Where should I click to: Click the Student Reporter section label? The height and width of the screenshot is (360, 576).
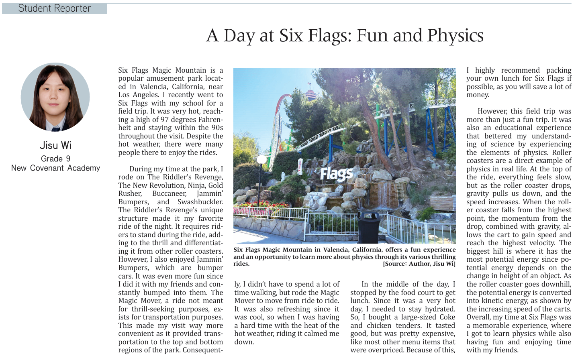tap(55, 8)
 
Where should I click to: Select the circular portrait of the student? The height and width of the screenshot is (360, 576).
tap(55, 97)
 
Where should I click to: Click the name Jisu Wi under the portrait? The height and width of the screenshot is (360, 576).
tap(55, 145)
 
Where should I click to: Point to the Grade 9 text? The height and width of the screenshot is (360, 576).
tap(55, 159)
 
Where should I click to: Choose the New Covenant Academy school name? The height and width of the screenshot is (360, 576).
tap(55, 168)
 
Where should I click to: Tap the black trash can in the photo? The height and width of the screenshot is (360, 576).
tap(368, 227)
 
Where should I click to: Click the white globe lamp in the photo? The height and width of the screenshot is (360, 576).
tap(261, 160)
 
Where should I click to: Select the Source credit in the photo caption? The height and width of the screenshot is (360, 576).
tap(419, 264)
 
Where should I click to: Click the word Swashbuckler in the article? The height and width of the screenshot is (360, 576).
tap(200, 202)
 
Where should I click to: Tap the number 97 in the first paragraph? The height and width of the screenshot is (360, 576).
tap(165, 120)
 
